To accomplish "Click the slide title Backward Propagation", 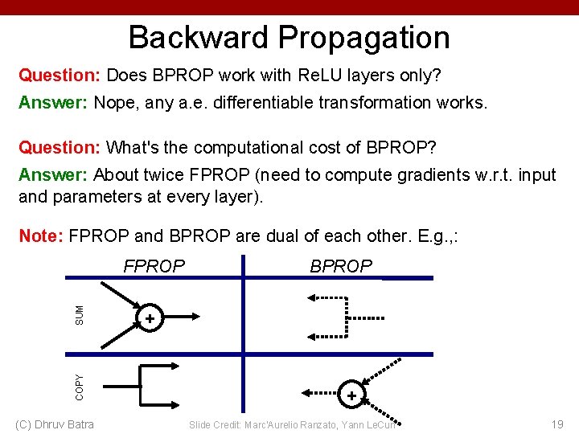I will point(289,37).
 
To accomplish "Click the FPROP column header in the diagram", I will point(154,266).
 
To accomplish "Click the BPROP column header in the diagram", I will point(341,266).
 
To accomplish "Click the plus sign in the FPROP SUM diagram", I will point(149,320).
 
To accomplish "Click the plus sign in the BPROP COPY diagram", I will point(351,395).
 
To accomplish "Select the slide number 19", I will point(556,424).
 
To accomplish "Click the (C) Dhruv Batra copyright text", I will point(55,424).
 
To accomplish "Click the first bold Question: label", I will point(60,76).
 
